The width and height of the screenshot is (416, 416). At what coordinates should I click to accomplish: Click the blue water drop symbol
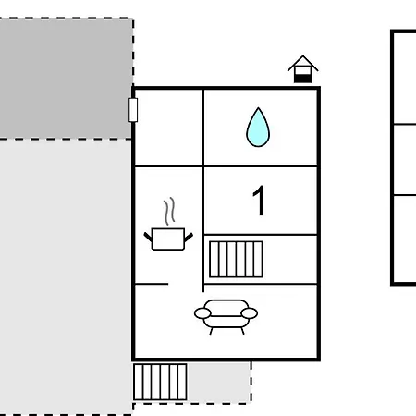258,128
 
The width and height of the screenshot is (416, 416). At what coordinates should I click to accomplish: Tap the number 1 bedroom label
259,201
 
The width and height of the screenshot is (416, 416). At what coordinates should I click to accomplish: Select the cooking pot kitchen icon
168,239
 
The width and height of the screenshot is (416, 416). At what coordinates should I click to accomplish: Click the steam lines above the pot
169,211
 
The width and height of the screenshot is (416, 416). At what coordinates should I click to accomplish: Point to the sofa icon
226,317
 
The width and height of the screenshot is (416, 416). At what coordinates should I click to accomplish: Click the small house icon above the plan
302,69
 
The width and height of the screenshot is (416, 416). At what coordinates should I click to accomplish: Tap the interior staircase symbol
236,260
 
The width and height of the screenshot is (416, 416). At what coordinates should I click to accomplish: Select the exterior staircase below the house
160,382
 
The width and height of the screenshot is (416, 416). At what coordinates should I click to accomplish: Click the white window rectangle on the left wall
133,110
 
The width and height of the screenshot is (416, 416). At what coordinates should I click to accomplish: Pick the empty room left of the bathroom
169,128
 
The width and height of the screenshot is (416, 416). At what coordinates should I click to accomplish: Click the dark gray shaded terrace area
66,79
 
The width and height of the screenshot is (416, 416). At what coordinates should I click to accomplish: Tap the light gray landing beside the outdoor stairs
219,382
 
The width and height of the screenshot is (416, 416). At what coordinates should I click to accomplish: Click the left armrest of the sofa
202,313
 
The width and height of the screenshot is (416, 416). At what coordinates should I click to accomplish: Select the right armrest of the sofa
250,313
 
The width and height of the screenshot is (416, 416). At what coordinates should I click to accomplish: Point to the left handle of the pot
148,237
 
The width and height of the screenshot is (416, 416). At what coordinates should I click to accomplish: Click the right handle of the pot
189,237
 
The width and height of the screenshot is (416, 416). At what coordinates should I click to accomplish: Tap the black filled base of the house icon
302,79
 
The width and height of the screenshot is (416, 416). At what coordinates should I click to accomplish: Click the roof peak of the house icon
302,55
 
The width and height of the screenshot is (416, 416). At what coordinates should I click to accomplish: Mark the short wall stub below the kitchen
152,284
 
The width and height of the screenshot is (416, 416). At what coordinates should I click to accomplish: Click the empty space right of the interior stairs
289,260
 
